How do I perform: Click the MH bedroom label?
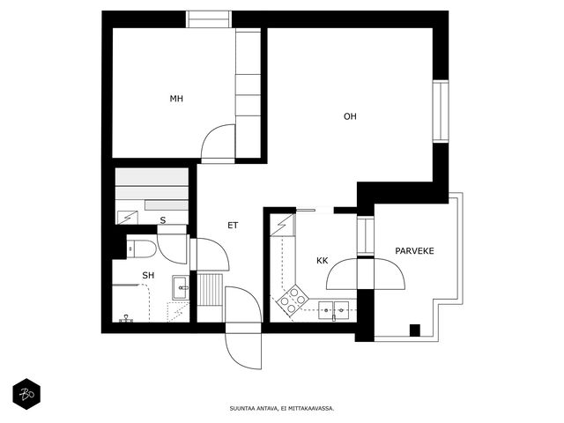(176, 99)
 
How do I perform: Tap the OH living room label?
(350, 116)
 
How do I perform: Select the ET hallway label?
(233, 226)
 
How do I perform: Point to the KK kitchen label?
(323, 261)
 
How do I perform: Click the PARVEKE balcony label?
(414, 251)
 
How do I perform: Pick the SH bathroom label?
(148, 276)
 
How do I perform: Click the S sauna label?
(163, 220)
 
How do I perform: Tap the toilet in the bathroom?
(141, 247)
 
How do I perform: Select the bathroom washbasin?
(180, 288)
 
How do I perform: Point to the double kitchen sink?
(333, 310)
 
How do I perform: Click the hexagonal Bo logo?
(26, 394)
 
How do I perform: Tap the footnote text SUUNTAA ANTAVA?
(254, 409)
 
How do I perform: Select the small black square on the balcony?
(415, 330)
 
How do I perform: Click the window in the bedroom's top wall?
(209, 19)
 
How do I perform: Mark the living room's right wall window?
(441, 111)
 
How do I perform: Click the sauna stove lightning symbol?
(128, 218)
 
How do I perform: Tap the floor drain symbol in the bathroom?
(126, 318)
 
